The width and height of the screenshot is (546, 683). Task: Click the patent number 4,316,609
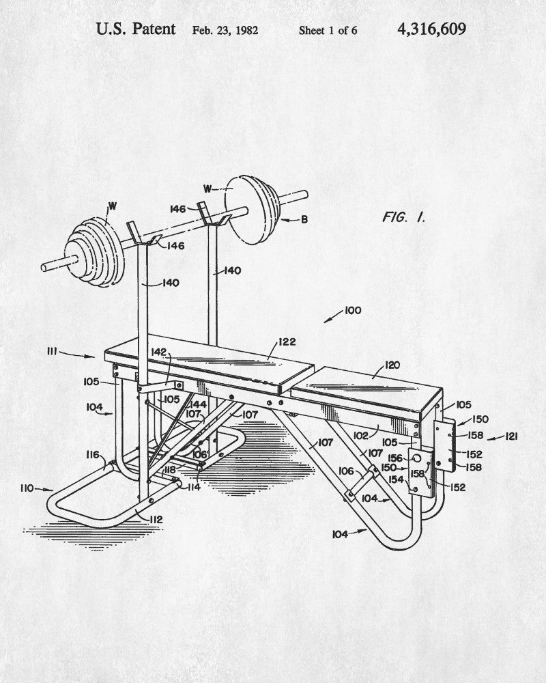[431, 29]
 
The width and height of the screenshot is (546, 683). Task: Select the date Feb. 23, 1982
[225, 31]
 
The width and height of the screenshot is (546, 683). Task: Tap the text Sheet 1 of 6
[328, 31]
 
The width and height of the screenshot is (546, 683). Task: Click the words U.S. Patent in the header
[135, 29]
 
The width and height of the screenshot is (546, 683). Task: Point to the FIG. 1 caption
[403, 217]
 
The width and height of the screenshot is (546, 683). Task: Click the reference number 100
[353, 310]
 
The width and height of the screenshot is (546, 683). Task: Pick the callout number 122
[287, 342]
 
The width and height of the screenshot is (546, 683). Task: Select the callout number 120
[392, 365]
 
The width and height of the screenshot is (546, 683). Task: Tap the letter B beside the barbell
[304, 219]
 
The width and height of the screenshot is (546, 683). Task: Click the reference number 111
[53, 351]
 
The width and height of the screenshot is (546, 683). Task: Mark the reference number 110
[27, 488]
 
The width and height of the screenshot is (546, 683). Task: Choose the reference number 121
[511, 436]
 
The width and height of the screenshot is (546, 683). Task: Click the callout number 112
[156, 519]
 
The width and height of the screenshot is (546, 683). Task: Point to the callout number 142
[158, 352]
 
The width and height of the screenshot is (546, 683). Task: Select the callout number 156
[395, 458]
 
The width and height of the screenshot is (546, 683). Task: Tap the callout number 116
[92, 455]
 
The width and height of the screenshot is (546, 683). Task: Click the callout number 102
[361, 435]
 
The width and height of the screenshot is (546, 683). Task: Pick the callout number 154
[396, 479]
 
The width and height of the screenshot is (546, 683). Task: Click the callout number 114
[194, 487]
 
